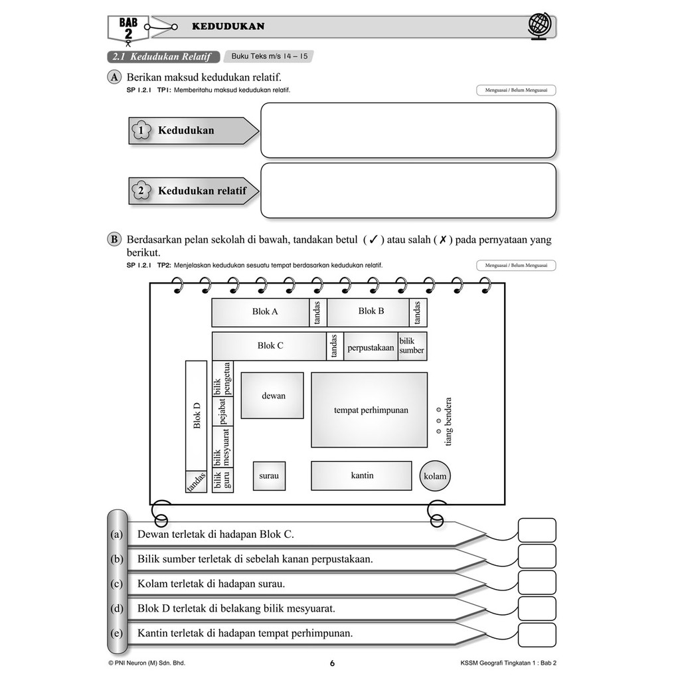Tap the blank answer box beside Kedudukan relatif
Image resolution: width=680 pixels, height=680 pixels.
408,191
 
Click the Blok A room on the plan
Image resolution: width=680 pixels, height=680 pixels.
260,312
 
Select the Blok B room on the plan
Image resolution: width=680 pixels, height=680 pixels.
369,312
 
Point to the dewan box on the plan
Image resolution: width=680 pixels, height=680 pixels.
272,395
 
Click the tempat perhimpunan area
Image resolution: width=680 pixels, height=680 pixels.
369,410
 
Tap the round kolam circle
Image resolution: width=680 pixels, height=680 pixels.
435,476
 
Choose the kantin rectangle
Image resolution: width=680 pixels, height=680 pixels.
361,475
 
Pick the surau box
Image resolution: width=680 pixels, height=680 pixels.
269,475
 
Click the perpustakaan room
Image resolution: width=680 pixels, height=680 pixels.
370,347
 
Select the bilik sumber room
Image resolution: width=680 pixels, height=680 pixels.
412,346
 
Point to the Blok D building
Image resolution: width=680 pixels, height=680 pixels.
196,415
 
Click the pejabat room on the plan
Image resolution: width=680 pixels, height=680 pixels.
222,410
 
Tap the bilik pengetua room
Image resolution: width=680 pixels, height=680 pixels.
222,378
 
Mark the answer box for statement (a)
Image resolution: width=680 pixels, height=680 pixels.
537,531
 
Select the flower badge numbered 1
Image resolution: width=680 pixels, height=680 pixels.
140,131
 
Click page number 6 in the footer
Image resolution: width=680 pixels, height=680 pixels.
332,663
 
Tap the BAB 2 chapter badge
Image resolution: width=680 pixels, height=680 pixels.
128,28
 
